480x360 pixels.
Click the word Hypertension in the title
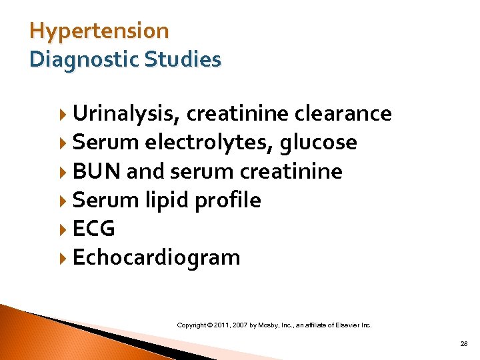click(x=99, y=31)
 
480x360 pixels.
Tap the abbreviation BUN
click(x=97, y=171)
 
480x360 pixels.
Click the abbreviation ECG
click(x=93, y=229)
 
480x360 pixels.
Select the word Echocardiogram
click(x=156, y=257)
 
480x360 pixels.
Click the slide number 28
click(x=463, y=343)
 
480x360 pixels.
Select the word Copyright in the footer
click(x=191, y=325)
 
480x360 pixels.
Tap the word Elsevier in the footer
click(x=347, y=325)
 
